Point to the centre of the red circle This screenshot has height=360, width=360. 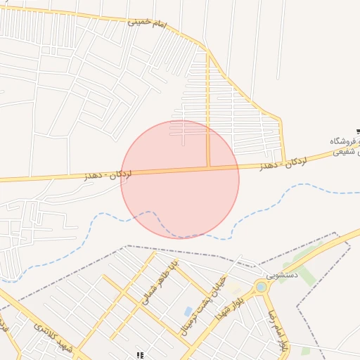tap(180, 179)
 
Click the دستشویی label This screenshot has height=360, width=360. tap(283, 274)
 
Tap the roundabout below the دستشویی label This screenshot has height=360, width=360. tap(262, 287)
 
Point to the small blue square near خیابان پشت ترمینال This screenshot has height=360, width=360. tap(188, 311)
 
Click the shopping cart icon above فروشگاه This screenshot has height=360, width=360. tap(358, 131)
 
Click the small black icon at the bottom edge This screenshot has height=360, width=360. tap(140, 356)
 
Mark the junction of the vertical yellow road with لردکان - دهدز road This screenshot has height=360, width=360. tap(208, 167)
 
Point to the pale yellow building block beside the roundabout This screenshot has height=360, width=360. tap(238, 290)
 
